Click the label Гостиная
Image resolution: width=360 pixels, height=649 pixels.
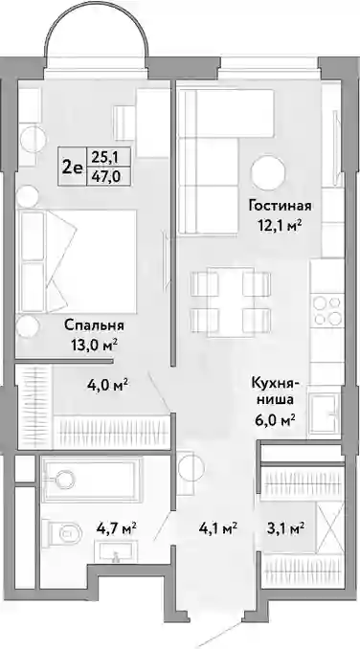point(280,205)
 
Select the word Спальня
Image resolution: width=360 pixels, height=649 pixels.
point(95,325)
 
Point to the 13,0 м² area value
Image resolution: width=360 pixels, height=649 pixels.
point(94,345)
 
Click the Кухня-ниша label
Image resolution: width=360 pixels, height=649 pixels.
point(273,392)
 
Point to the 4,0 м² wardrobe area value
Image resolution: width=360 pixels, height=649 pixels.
point(106,385)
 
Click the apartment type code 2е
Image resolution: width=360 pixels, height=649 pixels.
point(72,167)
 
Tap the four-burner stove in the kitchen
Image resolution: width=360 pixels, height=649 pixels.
point(327,311)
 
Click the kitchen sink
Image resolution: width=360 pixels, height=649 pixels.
point(326,414)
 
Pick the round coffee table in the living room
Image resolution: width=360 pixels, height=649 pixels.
point(268,173)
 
